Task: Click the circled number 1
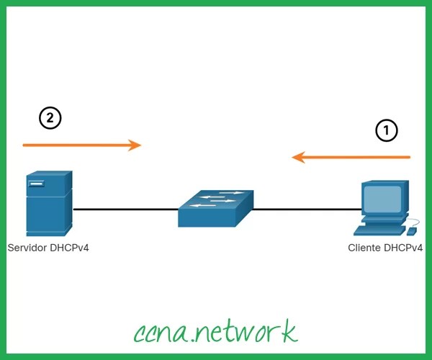coord(387,130)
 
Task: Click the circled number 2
coord(50,118)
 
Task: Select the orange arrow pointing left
coord(353,157)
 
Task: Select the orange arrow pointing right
coord(79,145)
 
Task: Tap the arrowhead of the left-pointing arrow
coord(298,157)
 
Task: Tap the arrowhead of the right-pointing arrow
coord(135,145)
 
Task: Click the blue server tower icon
coord(48,205)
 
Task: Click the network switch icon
coord(215,208)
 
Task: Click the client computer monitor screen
coord(382,199)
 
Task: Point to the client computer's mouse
coord(411,231)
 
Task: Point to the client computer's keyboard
coord(378,230)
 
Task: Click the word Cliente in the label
coord(364,248)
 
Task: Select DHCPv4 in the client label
coord(403,248)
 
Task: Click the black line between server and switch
coord(126,210)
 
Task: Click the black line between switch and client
coord(306,210)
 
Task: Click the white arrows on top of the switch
coord(220,197)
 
